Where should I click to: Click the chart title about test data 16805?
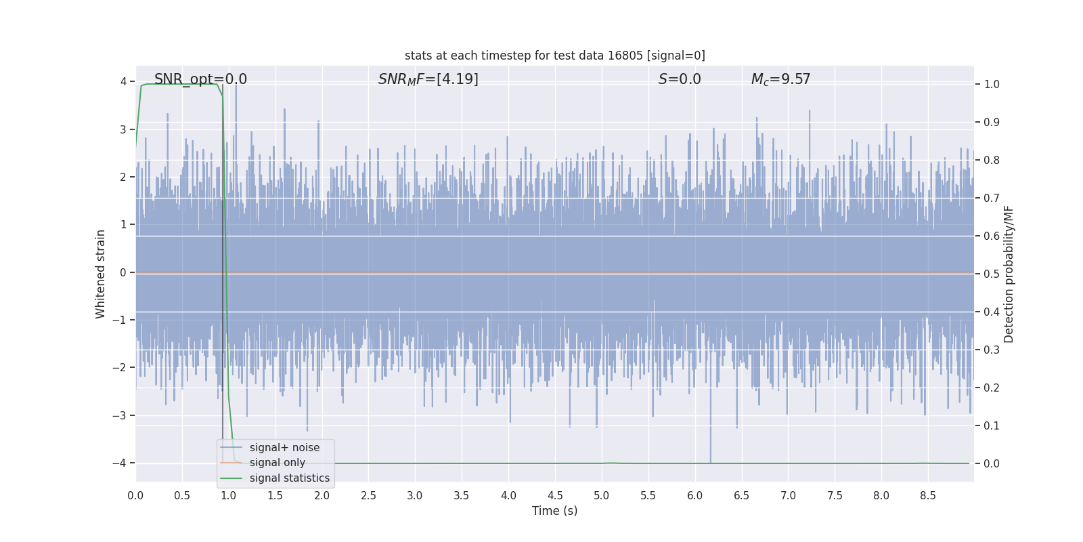[554, 56]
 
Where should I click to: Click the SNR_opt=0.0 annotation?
[200, 79]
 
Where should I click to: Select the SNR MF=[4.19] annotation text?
[428, 79]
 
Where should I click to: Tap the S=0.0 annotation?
[680, 79]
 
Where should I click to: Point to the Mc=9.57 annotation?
[780, 79]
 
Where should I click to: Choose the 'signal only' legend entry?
[277, 463]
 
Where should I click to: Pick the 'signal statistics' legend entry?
[289, 478]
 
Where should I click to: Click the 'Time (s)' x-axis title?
[554, 511]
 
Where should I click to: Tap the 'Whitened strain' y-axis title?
[101, 274]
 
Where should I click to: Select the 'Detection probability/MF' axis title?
[1009, 274]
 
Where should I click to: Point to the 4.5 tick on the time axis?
[555, 496]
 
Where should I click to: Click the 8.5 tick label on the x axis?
[927, 496]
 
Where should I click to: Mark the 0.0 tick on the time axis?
[135, 496]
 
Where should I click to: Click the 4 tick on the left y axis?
[123, 82]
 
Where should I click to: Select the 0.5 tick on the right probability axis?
[992, 274]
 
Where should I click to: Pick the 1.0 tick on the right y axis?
[992, 85]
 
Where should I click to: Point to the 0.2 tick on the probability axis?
[992, 388]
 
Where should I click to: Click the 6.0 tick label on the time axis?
[694, 496]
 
